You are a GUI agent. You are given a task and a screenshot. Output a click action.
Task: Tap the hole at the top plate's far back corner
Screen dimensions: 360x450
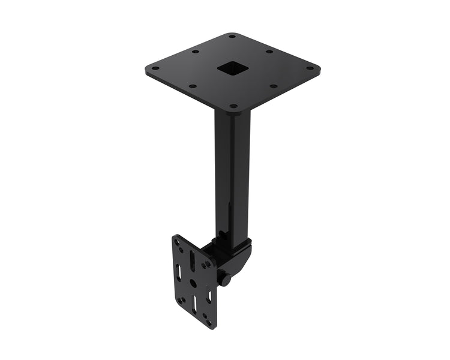232,37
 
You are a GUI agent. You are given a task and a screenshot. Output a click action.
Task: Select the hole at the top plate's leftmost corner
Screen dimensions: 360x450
154,68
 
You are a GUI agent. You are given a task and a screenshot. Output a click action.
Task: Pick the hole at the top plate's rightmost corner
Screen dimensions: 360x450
310,68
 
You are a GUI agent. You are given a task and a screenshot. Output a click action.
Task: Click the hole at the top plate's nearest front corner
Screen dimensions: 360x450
233,106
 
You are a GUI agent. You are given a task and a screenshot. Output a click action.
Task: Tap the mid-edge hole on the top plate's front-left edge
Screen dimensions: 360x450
192,86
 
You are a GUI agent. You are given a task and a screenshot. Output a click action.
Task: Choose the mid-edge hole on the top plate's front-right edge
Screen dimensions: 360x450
273,86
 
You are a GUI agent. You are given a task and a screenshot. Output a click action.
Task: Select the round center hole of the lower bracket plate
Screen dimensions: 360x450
193,282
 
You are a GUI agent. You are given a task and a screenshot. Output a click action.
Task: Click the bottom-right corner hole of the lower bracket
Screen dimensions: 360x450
209,322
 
